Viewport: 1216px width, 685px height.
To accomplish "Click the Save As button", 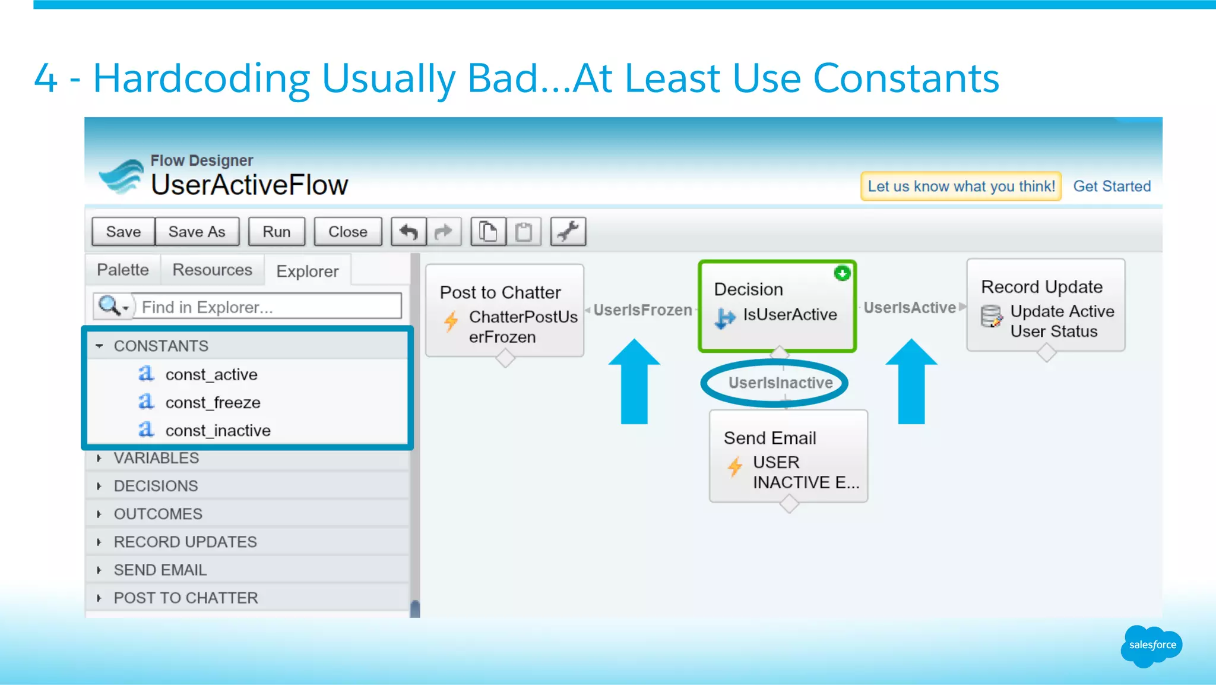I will point(197,232).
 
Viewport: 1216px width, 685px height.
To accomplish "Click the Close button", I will point(347,232).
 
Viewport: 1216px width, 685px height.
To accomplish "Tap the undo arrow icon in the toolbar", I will point(408,232).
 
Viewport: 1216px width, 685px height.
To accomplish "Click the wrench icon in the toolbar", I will point(568,232).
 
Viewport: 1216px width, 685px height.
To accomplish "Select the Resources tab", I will point(212,270).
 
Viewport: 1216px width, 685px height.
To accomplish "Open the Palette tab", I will point(122,270).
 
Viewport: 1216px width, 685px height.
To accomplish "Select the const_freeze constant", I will point(213,403).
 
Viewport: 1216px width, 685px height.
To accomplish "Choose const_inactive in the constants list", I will point(218,431).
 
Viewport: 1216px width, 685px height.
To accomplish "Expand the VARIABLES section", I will point(156,458).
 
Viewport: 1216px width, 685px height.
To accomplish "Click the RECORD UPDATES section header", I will point(185,542).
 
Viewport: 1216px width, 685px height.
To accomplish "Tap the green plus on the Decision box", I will point(842,273).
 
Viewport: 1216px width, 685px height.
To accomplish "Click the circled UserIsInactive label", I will point(780,383).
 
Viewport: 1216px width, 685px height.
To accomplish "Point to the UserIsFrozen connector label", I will point(642,310).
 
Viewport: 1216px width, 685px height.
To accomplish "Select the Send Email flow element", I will point(788,456).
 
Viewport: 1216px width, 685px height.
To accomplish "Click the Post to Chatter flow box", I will point(505,311).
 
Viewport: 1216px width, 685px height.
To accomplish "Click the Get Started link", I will point(1111,187).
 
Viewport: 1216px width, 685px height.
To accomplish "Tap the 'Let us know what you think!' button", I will point(961,187).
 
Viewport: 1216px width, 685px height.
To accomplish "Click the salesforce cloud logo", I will point(1151,645).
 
